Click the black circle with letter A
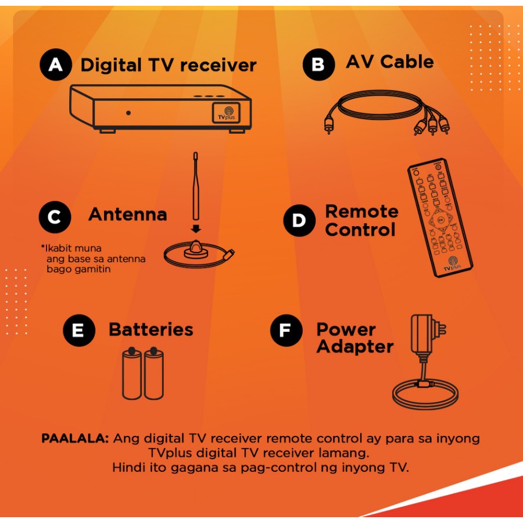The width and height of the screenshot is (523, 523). (56, 65)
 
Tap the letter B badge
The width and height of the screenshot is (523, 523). (318, 65)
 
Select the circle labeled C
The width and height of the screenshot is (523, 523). (55, 217)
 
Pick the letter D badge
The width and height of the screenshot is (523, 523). (299, 221)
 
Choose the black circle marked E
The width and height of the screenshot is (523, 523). (78, 330)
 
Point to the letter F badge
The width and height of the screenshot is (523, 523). (286, 331)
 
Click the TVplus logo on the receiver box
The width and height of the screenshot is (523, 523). (231, 112)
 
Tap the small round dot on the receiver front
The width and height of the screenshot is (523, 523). (128, 113)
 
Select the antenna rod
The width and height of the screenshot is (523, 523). (195, 186)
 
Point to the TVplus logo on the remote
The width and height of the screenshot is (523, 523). (452, 263)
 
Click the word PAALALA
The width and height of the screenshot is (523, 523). (75, 439)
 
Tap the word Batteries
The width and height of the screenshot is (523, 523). (151, 329)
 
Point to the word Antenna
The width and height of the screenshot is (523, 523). (127, 214)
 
